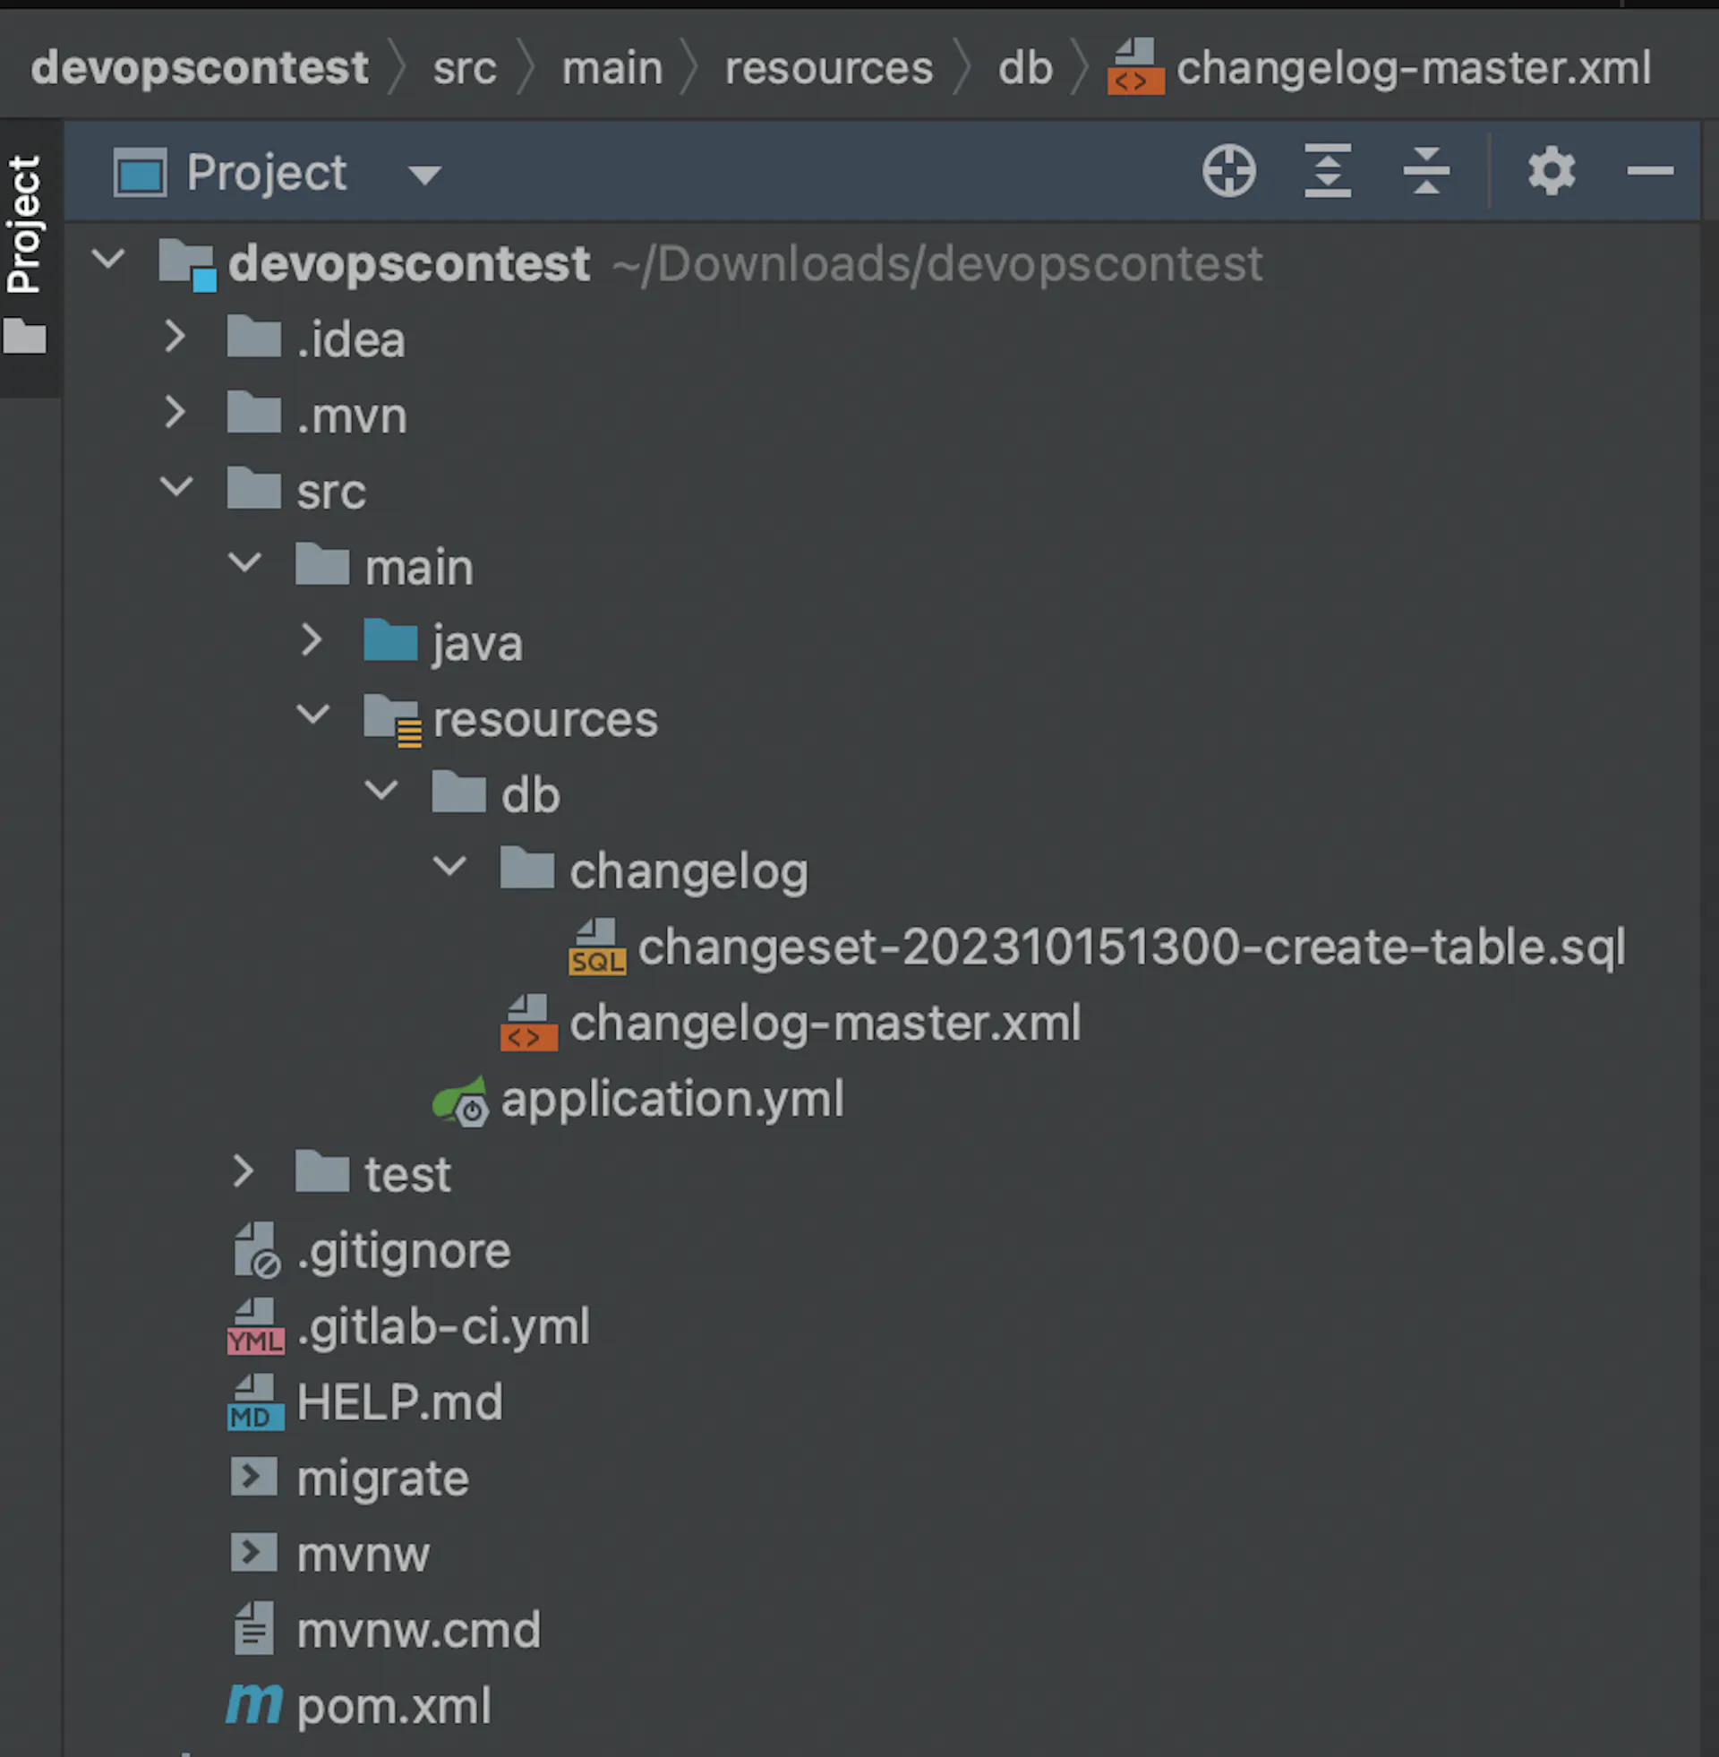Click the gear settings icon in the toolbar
(x=1551, y=172)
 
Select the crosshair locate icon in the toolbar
(x=1228, y=172)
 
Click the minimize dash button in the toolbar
(x=1649, y=172)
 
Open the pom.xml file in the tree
(x=394, y=1707)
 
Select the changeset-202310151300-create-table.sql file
(x=1131, y=948)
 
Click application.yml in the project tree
(x=671, y=1100)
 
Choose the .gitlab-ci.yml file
(x=442, y=1327)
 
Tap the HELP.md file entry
(x=399, y=1403)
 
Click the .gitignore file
(x=403, y=1251)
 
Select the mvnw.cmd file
(x=418, y=1631)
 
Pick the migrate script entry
(x=382, y=1478)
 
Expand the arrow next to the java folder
(x=312, y=640)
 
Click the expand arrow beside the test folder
(x=243, y=1171)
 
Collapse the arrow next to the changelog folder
(x=449, y=868)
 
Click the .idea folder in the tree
(x=350, y=340)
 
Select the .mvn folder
(x=351, y=416)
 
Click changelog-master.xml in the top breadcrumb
(x=1413, y=69)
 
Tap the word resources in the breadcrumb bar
(x=828, y=69)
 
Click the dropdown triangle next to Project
(x=424, y=175)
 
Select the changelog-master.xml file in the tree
(x=825, y=1024)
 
